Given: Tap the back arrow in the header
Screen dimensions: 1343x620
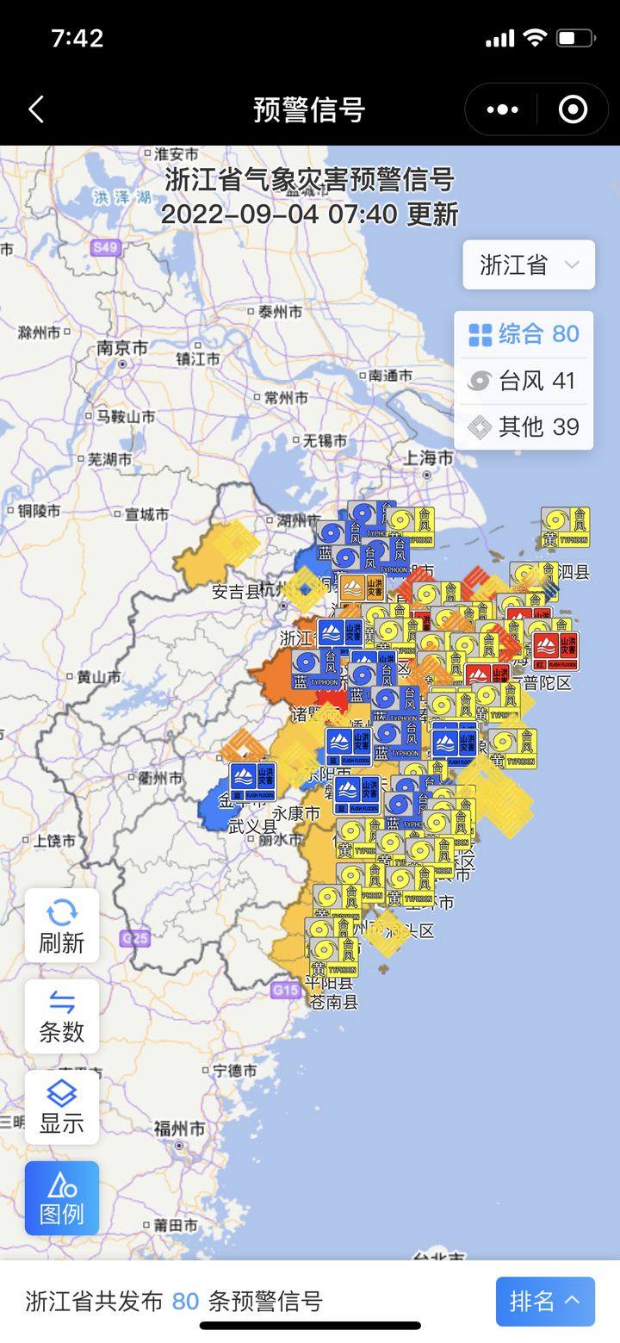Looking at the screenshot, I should (36, 109).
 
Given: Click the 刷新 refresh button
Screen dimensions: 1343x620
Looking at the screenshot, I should (62, 925).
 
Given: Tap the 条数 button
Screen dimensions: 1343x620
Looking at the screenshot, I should (62, 1017).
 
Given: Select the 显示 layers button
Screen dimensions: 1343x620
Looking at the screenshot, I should (62, 1107).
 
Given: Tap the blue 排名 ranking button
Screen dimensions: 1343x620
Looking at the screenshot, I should (544, 1301).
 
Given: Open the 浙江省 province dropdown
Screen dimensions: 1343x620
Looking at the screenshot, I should (529, 264).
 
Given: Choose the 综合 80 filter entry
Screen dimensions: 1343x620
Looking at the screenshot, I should (524, 334).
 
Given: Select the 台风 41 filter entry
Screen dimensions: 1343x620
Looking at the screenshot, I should (524, 381).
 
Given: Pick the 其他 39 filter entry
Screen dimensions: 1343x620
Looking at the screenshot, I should (524, 426).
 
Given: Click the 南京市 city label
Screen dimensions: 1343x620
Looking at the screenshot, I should (122, 349).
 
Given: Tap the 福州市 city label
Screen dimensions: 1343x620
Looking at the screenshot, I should (179, 1128).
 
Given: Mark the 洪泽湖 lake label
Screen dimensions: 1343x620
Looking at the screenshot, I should (122, 197).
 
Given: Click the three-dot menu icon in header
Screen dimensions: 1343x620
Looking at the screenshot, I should (503, 109).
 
